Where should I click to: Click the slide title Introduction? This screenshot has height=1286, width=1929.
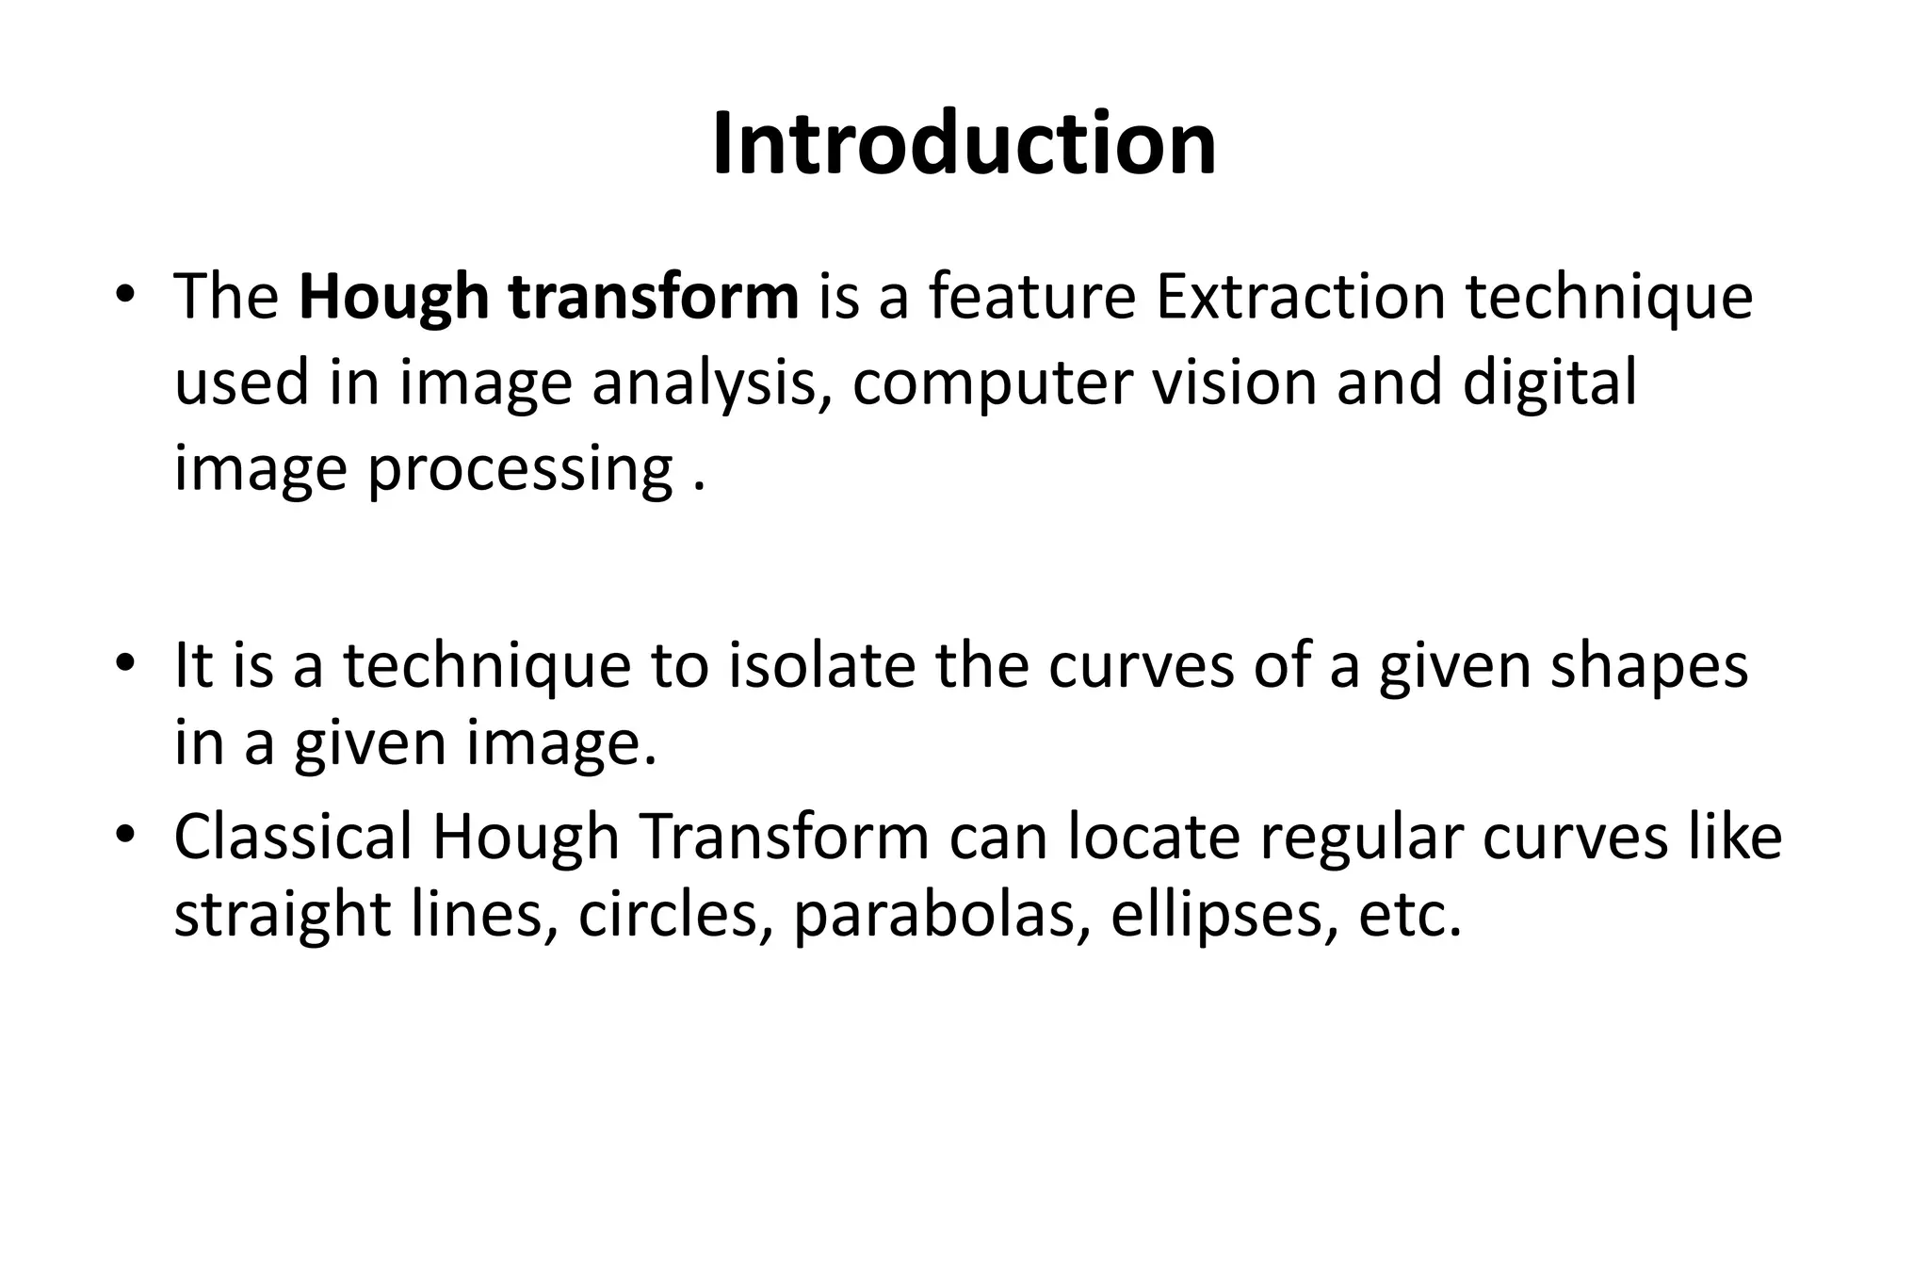coord(964,144)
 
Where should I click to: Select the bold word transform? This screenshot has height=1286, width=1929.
coord(653,297)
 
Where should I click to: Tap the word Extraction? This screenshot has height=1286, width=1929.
coord(1300,297)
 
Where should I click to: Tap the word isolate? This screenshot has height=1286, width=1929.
coord(821,665)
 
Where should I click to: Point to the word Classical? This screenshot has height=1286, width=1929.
coord(293,837)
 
